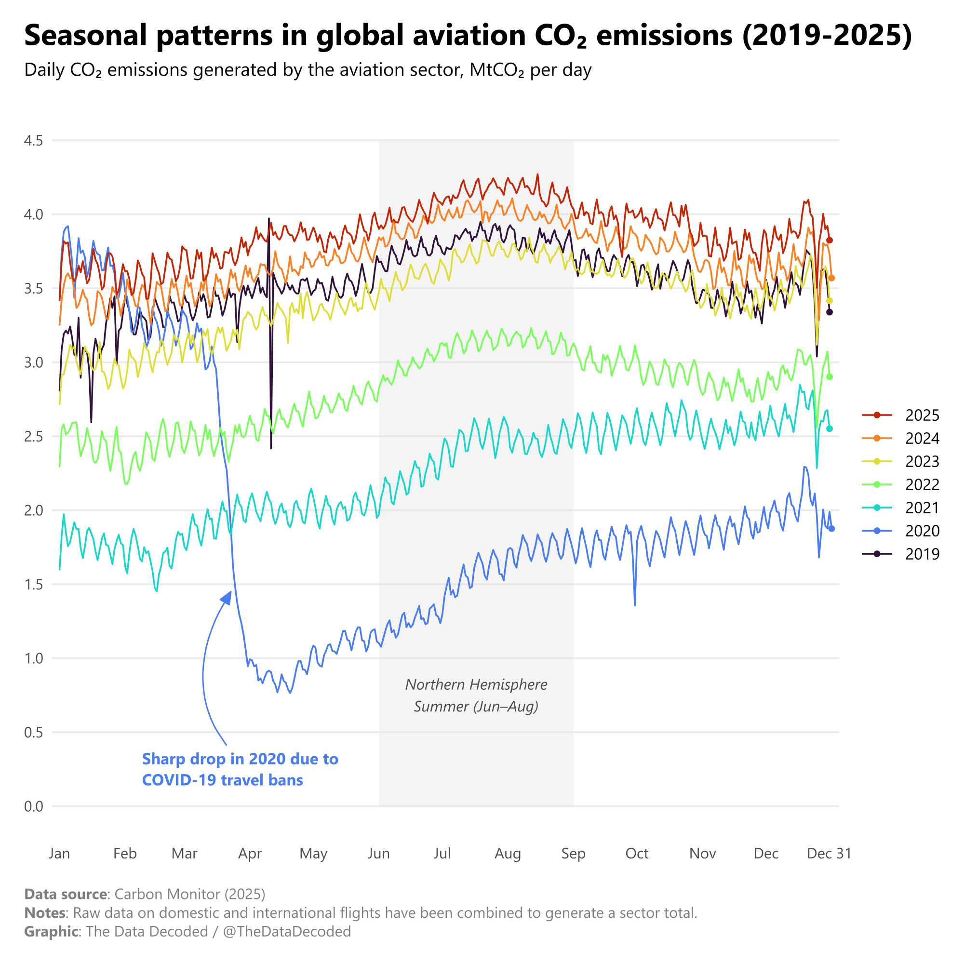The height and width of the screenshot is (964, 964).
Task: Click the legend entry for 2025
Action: pos(922,415)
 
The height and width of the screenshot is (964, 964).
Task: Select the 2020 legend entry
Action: pos(922,530)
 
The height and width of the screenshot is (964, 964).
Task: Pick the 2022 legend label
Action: pos(922,484)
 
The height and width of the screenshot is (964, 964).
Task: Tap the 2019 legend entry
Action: pos(922,554)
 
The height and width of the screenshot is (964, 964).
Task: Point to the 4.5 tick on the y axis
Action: pos(33,141)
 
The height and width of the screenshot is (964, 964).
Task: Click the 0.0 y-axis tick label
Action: pos(33,806)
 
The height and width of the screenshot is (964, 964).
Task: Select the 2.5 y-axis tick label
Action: pos(33,437)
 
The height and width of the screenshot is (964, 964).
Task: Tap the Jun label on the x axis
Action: pos(379,854)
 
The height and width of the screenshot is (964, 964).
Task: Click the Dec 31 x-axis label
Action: pos(829,854)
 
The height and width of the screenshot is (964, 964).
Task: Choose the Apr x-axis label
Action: pos(250,854)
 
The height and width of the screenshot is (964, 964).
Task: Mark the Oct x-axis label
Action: pos(637,854)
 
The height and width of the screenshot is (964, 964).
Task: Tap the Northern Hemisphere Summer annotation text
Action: pos(476,696)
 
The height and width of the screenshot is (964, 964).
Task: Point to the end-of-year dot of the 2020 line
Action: pos(832,529)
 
